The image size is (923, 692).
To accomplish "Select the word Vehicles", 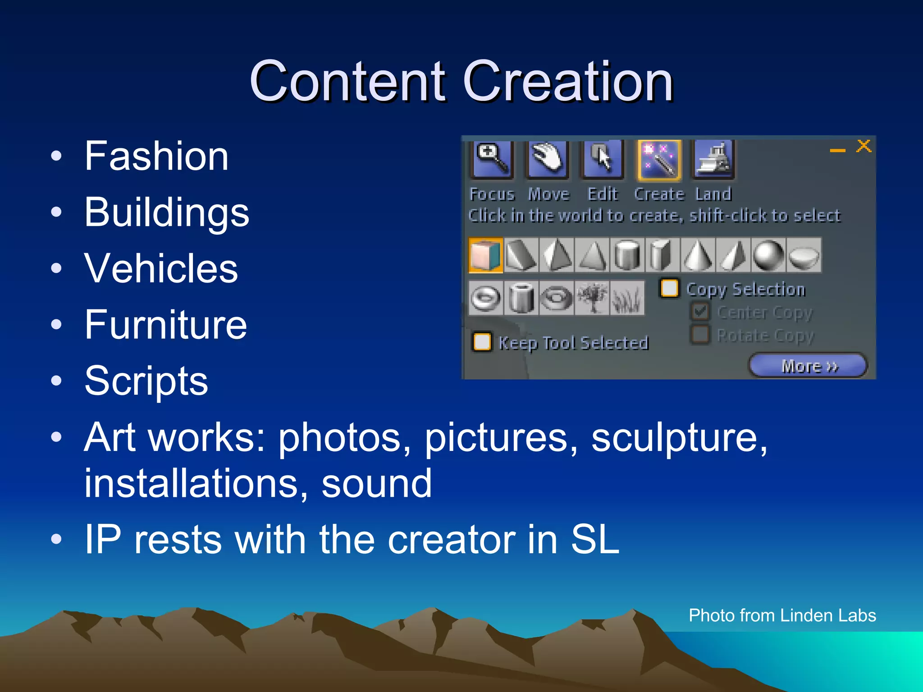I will (161, 268).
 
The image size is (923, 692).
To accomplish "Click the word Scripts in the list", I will (146, 381).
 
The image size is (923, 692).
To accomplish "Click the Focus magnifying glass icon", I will (492, 159).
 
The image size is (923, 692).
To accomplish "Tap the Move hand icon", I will (547, 159).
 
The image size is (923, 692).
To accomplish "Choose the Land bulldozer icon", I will (714, 159).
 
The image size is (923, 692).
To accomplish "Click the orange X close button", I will (864, 146).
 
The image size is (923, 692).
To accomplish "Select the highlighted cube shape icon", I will (485, 255).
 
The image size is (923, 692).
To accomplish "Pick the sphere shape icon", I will (768, 255).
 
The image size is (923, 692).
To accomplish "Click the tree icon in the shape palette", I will (592, 298).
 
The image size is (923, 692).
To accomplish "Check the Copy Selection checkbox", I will (669, 288).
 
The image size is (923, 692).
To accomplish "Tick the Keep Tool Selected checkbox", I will (482, 341).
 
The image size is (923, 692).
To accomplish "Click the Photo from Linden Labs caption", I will (782, 615).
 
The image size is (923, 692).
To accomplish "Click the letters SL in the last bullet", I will (595, 540).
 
